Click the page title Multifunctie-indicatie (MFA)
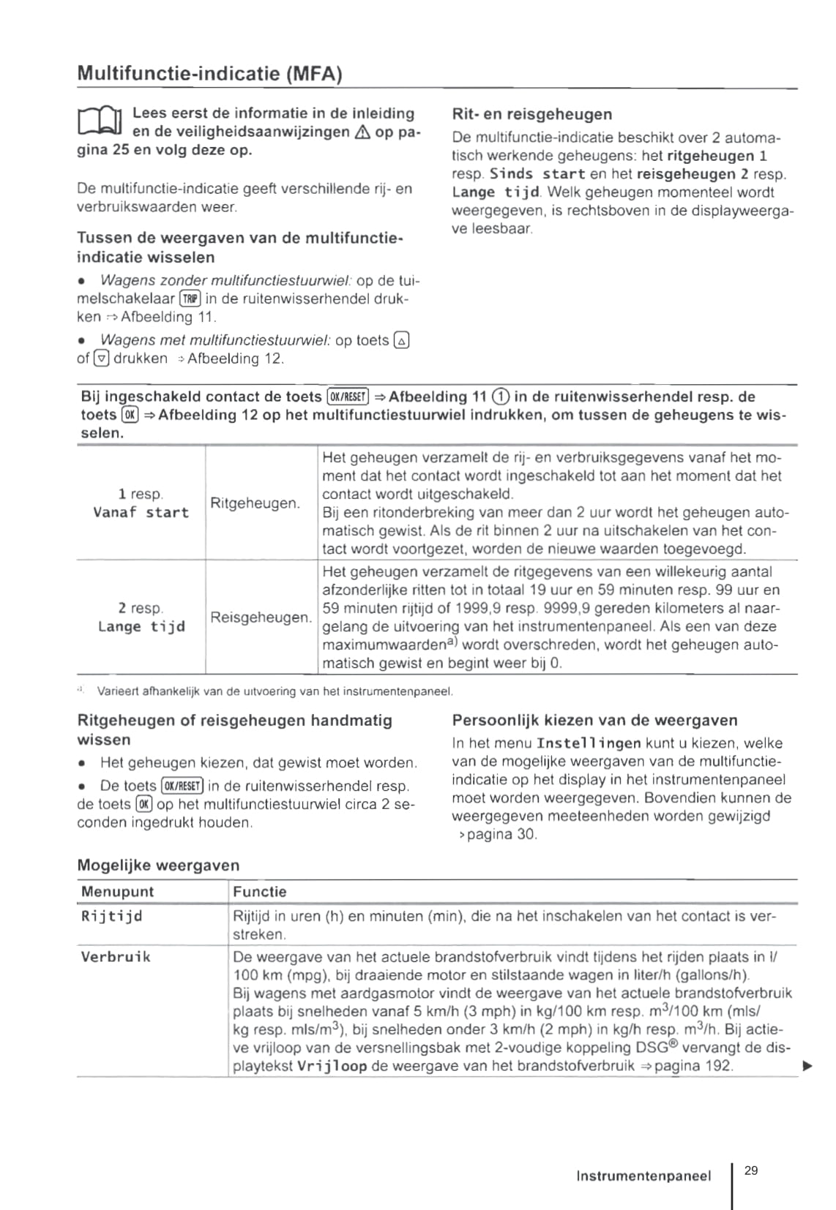tap(209, 74)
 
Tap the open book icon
tap(100, 121)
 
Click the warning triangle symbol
tap(362, 132)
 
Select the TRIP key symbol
tap(190, 298)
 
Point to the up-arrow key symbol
tap(401, 340)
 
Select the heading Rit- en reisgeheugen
tap(531, 114)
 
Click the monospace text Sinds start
tap(537, 174)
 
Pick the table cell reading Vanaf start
tap(141, 512)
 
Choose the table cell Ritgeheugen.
tap(255, 503)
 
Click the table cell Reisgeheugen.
tap(261, 617)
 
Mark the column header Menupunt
tap(118, 892)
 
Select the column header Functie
tap(260, 892)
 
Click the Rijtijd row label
tap(111, 916)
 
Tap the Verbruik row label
tap(116, 957)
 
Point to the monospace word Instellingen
tap(589, 743)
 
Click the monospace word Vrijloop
tap(332, 1066)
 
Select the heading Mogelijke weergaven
tap(158, 865)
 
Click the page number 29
tap(751, 1170)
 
